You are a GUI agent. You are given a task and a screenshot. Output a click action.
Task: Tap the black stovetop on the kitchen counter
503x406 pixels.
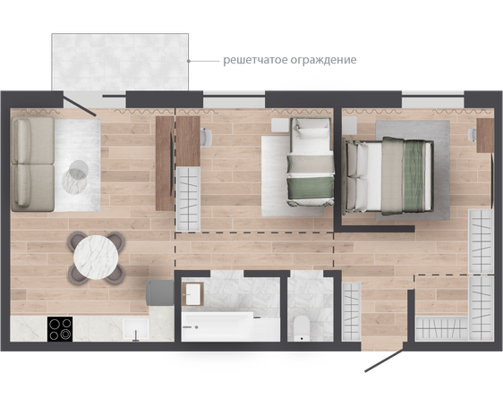[60, 329]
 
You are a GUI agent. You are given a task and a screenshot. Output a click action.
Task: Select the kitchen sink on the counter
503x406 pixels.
[136, 329]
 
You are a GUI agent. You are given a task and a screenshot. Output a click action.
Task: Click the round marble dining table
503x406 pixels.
[97, 258]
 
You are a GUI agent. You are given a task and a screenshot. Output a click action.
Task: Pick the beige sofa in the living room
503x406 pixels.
[32, 164]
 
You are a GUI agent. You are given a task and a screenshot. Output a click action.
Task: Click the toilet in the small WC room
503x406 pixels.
[302, 328]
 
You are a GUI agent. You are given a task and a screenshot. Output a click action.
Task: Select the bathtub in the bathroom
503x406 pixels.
[230, 326]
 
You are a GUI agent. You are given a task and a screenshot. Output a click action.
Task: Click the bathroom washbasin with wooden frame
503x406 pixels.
[192, 294]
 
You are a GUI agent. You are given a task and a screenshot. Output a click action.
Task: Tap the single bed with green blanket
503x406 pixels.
[311, 162]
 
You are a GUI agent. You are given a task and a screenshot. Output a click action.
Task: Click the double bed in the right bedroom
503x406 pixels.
[388, 175]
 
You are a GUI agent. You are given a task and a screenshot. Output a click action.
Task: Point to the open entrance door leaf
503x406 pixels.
[384, 360]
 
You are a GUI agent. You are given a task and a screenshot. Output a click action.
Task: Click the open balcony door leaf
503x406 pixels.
[80, 104]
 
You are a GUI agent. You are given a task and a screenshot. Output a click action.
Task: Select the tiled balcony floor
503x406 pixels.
[120, 62]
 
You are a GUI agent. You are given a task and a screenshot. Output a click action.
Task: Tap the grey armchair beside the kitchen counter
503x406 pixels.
[159, 292]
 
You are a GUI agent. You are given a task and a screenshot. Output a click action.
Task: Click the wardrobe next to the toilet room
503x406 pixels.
[351, 311]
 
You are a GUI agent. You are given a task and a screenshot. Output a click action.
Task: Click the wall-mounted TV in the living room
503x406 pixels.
[172, 164]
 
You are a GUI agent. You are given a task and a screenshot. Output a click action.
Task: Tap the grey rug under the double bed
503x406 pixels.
[413, 170]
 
